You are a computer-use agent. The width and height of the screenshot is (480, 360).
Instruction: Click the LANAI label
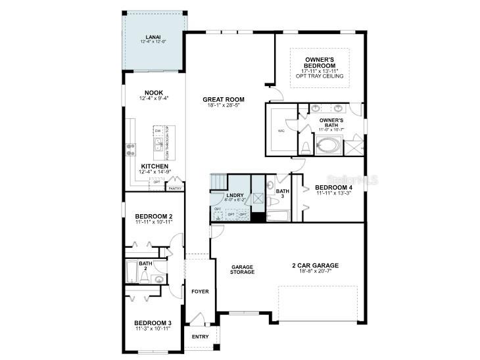coord(154,37)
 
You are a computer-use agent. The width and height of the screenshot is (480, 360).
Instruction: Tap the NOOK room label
coord(154,93)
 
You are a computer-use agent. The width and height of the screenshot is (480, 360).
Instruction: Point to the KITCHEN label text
coord(154,166)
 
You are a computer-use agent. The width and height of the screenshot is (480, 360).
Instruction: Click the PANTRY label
coord(175,189)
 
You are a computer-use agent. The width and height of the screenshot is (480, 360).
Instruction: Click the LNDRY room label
coord(235,196)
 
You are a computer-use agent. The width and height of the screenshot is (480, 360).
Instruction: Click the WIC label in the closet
coord(281,131)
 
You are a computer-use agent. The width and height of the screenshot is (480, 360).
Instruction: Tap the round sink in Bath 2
coord(159,279)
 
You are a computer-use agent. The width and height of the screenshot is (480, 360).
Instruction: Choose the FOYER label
coord(199,291)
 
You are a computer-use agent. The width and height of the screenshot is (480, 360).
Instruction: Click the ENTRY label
coord(200,336)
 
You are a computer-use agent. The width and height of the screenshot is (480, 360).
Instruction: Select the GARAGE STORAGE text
coord(242,269)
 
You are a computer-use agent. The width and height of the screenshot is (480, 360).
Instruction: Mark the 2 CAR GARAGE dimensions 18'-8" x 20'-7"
coord(315,271)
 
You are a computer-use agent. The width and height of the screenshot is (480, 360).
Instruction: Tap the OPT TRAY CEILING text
coord(320,76)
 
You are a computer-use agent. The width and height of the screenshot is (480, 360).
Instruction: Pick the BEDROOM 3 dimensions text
coord(153,328)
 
